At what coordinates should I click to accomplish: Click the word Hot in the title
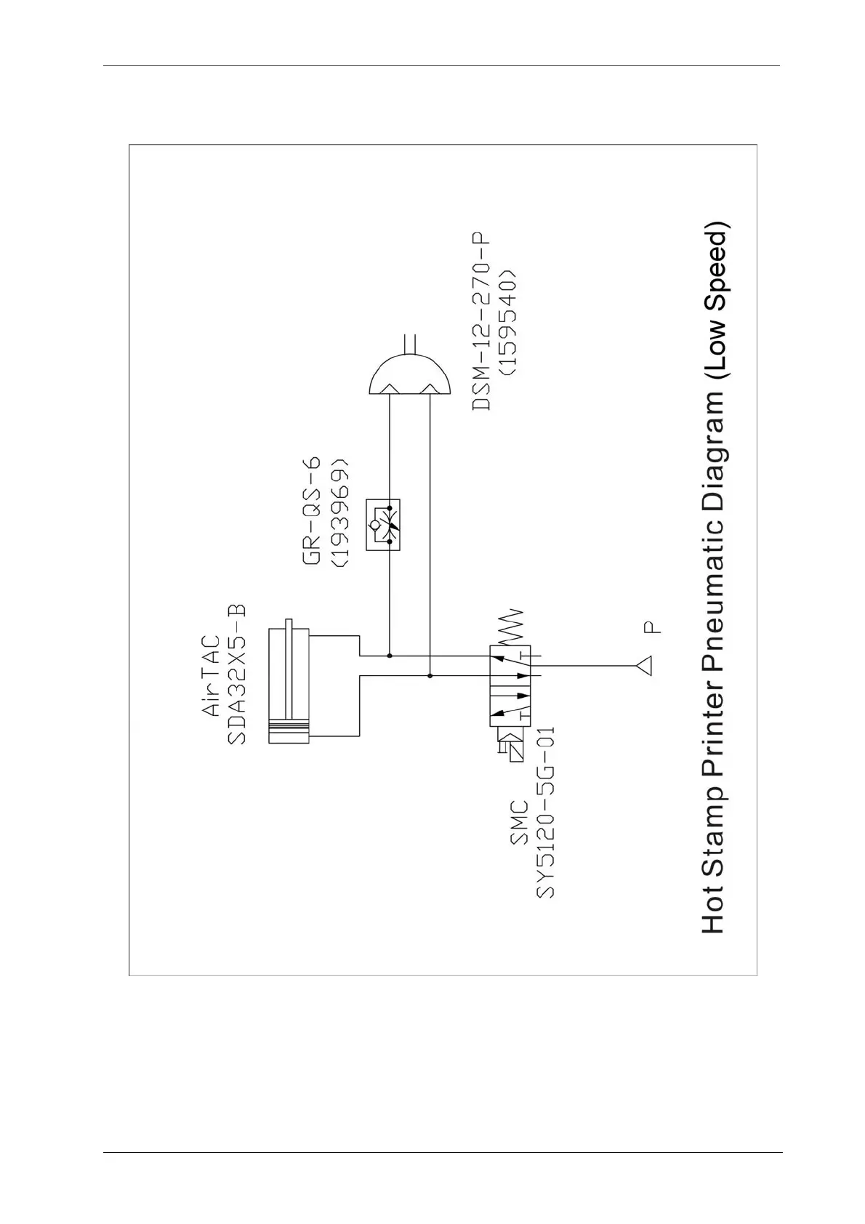click(712, 912)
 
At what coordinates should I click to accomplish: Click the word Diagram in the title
click(712, 457)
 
